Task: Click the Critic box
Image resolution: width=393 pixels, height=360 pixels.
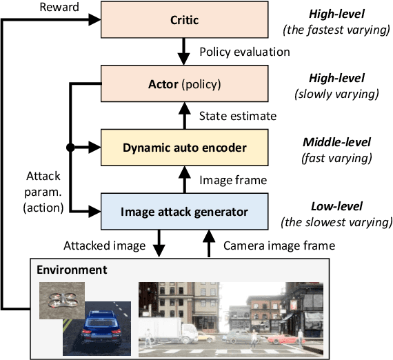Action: pos(184,21)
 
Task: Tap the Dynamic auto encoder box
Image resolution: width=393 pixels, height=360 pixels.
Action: pos(184,147)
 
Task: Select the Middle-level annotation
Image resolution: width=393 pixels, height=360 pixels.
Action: pos(337,143)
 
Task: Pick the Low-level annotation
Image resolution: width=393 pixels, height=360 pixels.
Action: pos(337,206)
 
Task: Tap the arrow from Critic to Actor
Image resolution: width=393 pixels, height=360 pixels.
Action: pos(184,51)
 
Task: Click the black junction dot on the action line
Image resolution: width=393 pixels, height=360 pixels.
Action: pos(70,147)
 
